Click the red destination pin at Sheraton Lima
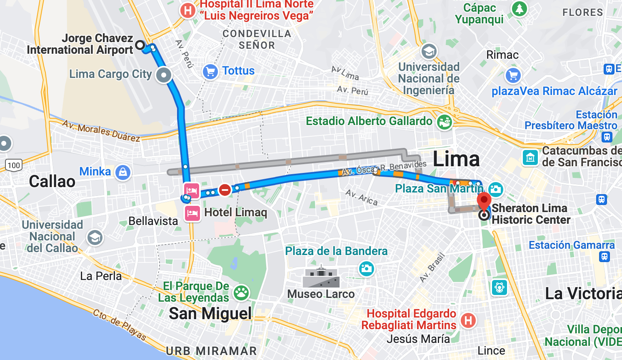coord(484,201)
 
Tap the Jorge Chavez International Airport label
coord(80,44)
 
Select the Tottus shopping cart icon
coord(210,72)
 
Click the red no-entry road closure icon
coord(225,190)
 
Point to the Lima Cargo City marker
coord(164,75)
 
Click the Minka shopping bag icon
coord(123,172)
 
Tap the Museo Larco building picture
coord(321,277)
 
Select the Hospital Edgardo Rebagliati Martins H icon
coord(468,320)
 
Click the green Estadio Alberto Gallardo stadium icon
coord(445,122)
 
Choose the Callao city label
coord(52,182)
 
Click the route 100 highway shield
coord(14,165)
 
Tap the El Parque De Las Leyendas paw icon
coord(241,293)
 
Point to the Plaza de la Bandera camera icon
coord(366,268)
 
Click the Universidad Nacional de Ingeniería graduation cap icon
coord(429,52)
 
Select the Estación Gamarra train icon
coord(605,257)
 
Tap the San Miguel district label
coord(210,314)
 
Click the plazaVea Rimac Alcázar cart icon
coord(513,76)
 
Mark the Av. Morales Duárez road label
coord(101,130)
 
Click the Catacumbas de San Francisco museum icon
coord(530,157)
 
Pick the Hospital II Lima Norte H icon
coord(188,10)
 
